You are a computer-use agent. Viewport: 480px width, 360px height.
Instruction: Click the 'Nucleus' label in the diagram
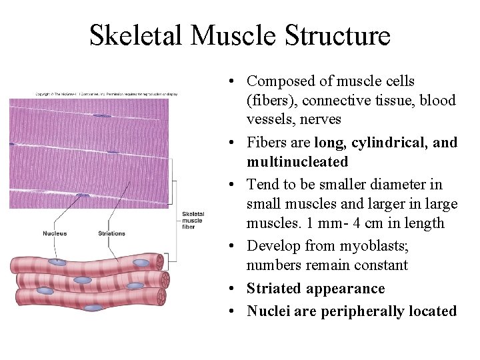(55, 233)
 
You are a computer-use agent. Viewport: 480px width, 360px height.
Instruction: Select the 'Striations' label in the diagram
(111, 233)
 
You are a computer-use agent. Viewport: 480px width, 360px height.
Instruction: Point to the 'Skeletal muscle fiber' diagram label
(193, 220)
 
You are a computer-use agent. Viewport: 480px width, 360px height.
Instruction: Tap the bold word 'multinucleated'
(297, 162)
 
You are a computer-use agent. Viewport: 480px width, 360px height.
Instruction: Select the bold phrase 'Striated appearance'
(315, 289)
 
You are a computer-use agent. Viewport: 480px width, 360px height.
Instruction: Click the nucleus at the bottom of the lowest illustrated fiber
(94, 308)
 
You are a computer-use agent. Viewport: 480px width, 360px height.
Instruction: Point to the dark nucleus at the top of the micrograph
(102, 116)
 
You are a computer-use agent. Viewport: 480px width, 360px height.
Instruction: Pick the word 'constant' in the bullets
(380, 265)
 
